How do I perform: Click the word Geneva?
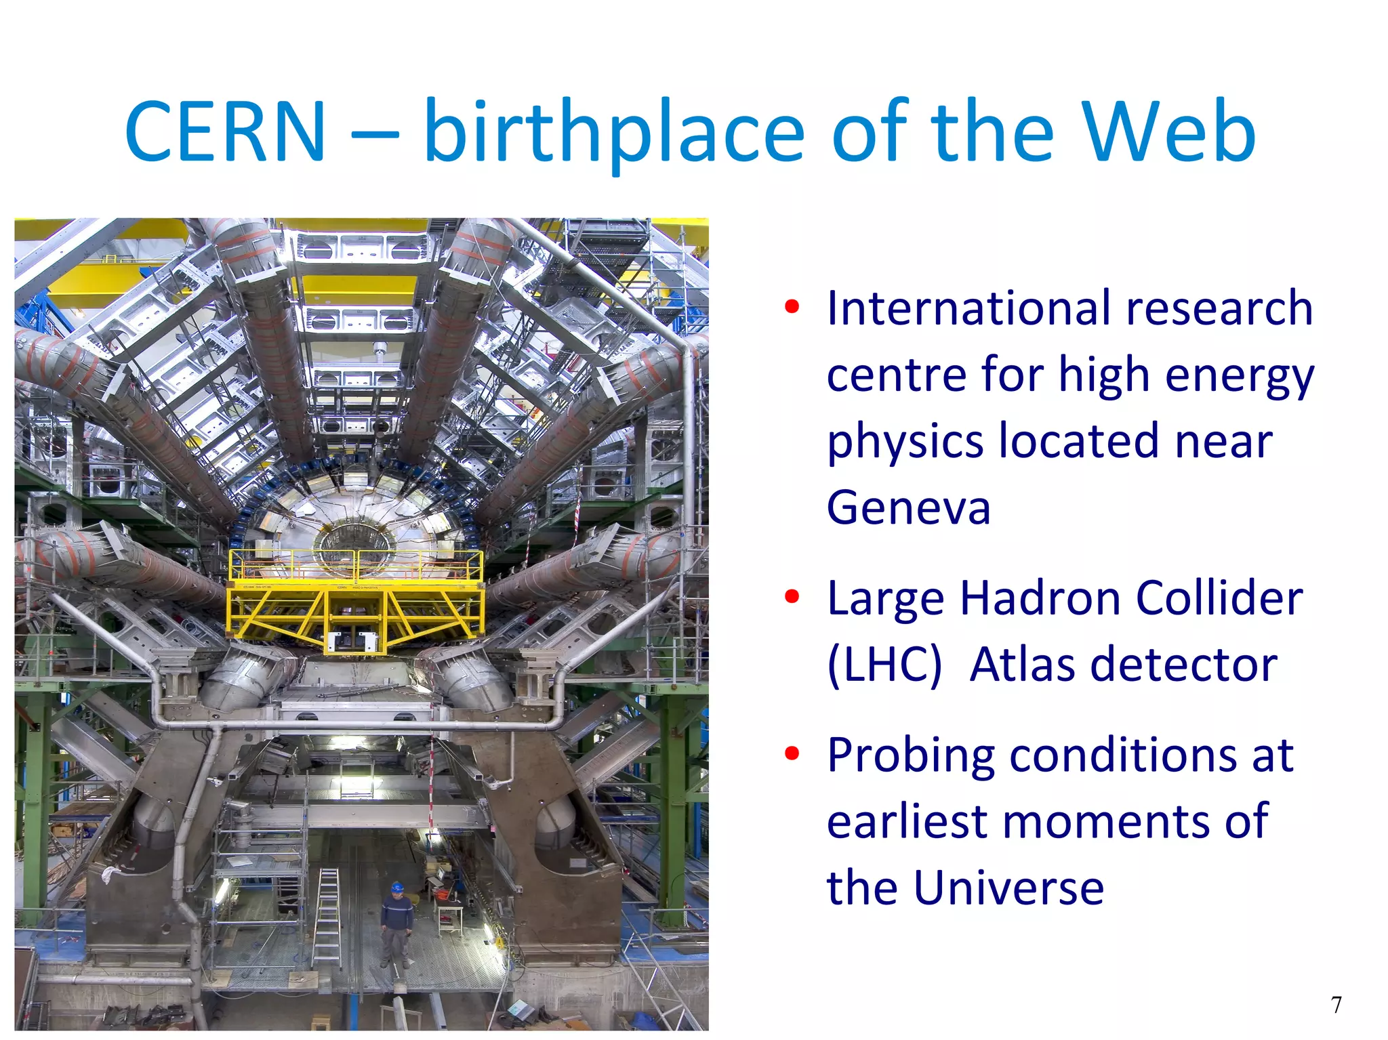(908, 508)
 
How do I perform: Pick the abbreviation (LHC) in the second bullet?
(884, 665)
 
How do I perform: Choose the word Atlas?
(1021, 665)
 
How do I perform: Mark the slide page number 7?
(1336, 1005)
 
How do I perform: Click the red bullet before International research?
(792, 308)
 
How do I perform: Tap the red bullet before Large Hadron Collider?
(792, 597)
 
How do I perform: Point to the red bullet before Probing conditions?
(792, 753)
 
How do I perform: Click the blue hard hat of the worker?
(397, 887)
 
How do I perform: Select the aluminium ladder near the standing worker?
(327, 918)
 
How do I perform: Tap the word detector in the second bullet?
(1191, 665)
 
